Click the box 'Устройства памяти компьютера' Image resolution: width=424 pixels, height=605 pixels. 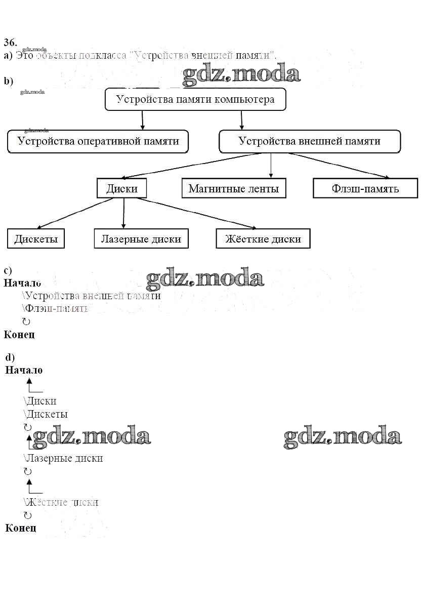(195, 99)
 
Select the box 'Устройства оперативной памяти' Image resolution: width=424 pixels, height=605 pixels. (98, 141)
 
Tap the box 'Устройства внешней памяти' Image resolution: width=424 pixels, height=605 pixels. (309, 141)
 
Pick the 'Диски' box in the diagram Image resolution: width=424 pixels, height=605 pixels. (122, 188)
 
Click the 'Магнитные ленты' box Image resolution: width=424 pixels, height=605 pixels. (233, 188)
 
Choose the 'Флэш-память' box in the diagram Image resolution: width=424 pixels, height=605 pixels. (365, 188)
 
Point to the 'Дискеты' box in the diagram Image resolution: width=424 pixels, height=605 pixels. (36, 238)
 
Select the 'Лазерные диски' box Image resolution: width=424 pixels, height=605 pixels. (141, 238)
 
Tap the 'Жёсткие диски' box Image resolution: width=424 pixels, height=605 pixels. (263, 238)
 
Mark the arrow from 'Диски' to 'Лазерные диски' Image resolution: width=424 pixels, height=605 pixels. (123, 213)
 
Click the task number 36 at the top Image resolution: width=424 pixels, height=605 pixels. (10, 42)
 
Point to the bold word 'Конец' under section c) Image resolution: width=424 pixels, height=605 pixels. (19, 335)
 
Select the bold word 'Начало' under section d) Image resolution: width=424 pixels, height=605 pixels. (24, 370)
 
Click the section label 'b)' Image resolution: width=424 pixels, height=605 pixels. (8, 81)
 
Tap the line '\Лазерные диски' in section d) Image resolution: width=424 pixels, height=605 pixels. (63, 458)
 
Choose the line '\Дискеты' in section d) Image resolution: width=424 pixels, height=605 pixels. (46, 414)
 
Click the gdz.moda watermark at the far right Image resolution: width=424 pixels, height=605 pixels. (343, 437)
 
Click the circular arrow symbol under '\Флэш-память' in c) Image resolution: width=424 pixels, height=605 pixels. (27, 321)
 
